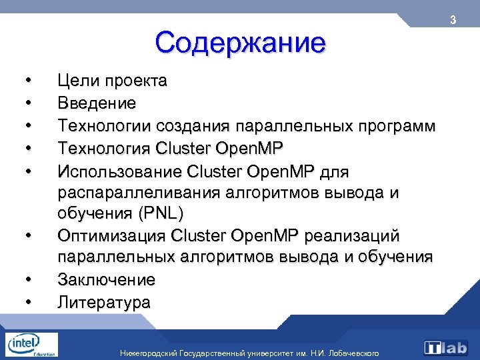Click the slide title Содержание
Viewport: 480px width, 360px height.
[x=240, y=43]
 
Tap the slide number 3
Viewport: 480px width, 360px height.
[x=453, y=20]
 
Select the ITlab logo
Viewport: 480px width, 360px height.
[x=447, y=347]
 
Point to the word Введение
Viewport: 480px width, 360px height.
[x=97, y=103]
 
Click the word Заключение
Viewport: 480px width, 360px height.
[x=106, y=279]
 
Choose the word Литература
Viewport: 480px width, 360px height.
[x=104, y=301]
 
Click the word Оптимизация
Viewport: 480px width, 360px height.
[x=112, y=235]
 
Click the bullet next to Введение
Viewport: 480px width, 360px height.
[x=27, y=103]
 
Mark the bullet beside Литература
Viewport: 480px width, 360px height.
[x=27, y=301]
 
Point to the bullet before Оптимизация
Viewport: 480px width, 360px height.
[x=27, y=235]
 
